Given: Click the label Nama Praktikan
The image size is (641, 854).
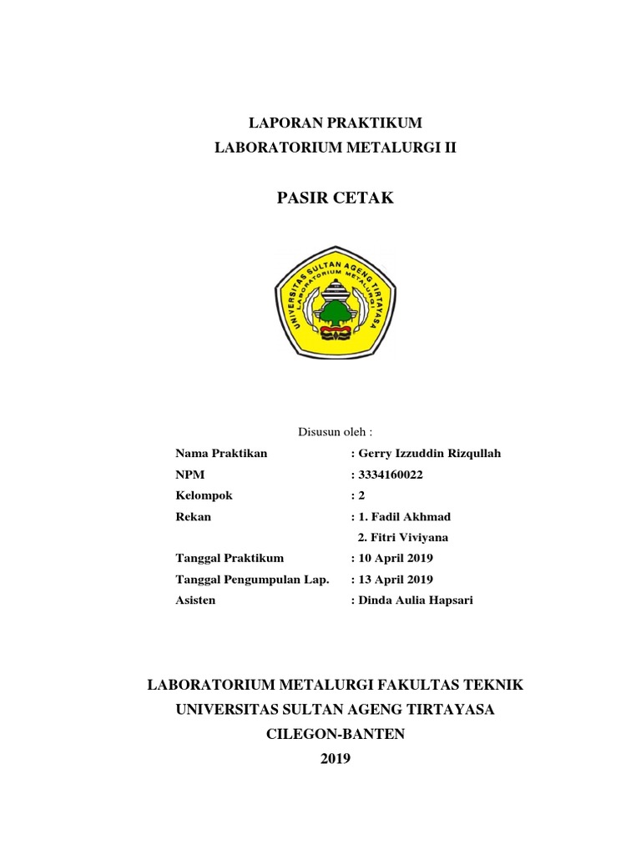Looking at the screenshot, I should coord(221,454).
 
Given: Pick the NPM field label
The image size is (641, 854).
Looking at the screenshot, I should coord(189,475).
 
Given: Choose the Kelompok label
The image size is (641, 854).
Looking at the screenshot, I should coord(204,495).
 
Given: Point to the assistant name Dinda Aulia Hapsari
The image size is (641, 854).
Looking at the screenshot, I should coord(415,600).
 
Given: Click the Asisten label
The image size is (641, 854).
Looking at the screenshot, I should coord(195,600).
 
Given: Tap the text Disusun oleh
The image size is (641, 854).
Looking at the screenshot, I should coord(334,431).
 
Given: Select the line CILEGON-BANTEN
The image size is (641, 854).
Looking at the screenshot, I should coord(334,734).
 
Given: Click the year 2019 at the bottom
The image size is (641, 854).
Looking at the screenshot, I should coord(335,759).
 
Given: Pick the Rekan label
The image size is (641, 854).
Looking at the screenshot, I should coord(193,517).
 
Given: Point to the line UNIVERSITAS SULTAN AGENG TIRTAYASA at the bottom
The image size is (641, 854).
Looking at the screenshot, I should coord(334,710).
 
